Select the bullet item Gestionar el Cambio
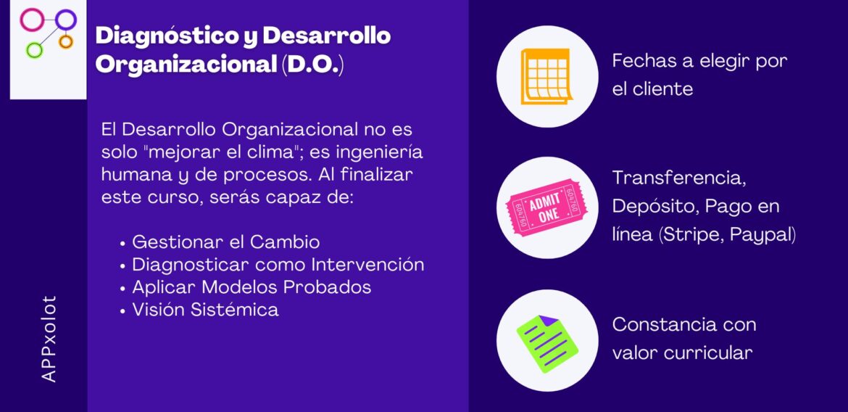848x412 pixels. point(225,242)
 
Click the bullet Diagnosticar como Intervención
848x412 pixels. point(278,264)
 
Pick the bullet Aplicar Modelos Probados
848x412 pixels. point(251,287)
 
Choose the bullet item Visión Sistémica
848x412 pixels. point(204,309)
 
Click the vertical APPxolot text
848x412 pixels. point(49,339)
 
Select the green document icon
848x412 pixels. point(547,340)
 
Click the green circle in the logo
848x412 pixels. point(34,50)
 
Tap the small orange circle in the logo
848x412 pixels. point(66,41)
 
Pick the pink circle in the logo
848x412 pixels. point(32,20)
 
